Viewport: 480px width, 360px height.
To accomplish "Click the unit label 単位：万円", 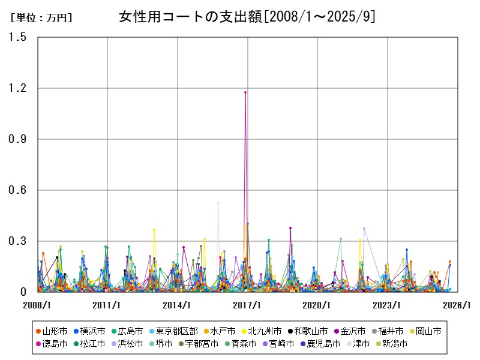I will (41, 18).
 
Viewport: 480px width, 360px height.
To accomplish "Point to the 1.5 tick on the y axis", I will (18, 37).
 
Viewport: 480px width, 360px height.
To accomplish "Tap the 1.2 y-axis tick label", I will (18, 88).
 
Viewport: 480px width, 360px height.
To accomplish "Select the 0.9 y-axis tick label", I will (18, 139).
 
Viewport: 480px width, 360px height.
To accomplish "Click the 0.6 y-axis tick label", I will (18, 190).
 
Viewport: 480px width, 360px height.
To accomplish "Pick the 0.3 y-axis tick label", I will (18, 241).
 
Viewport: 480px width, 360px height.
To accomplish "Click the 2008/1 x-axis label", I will (37, 305).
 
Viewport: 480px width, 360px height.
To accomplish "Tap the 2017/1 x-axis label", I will (247, 305).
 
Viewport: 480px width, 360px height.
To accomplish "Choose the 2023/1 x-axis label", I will (387, 305).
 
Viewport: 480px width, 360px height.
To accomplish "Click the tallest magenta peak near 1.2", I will (245, 92).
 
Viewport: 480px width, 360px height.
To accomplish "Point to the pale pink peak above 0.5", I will (218, 203).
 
